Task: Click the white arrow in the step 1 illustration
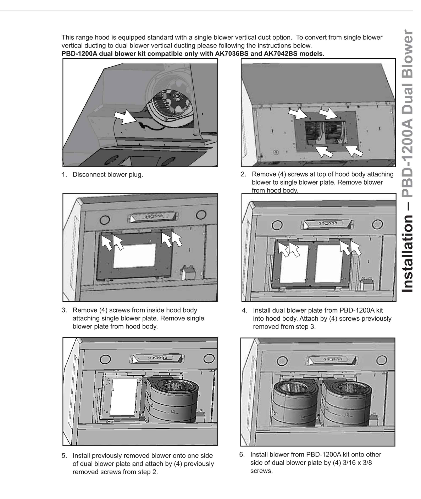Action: [124, 117]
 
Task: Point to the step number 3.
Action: [64, 310]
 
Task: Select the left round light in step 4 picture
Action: [277, 225]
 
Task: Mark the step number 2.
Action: [243, 174]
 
